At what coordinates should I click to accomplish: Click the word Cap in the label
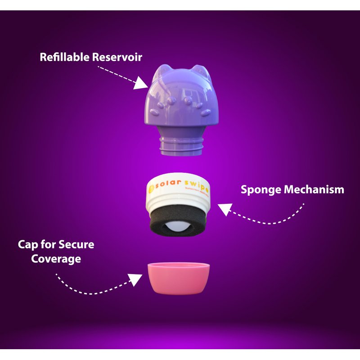(x=28, y=245)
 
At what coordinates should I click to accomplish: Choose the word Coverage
(x=56, y=260)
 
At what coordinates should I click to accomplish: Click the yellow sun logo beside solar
(x=152, y=185)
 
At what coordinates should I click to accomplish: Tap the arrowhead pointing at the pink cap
(x=135, y=279)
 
